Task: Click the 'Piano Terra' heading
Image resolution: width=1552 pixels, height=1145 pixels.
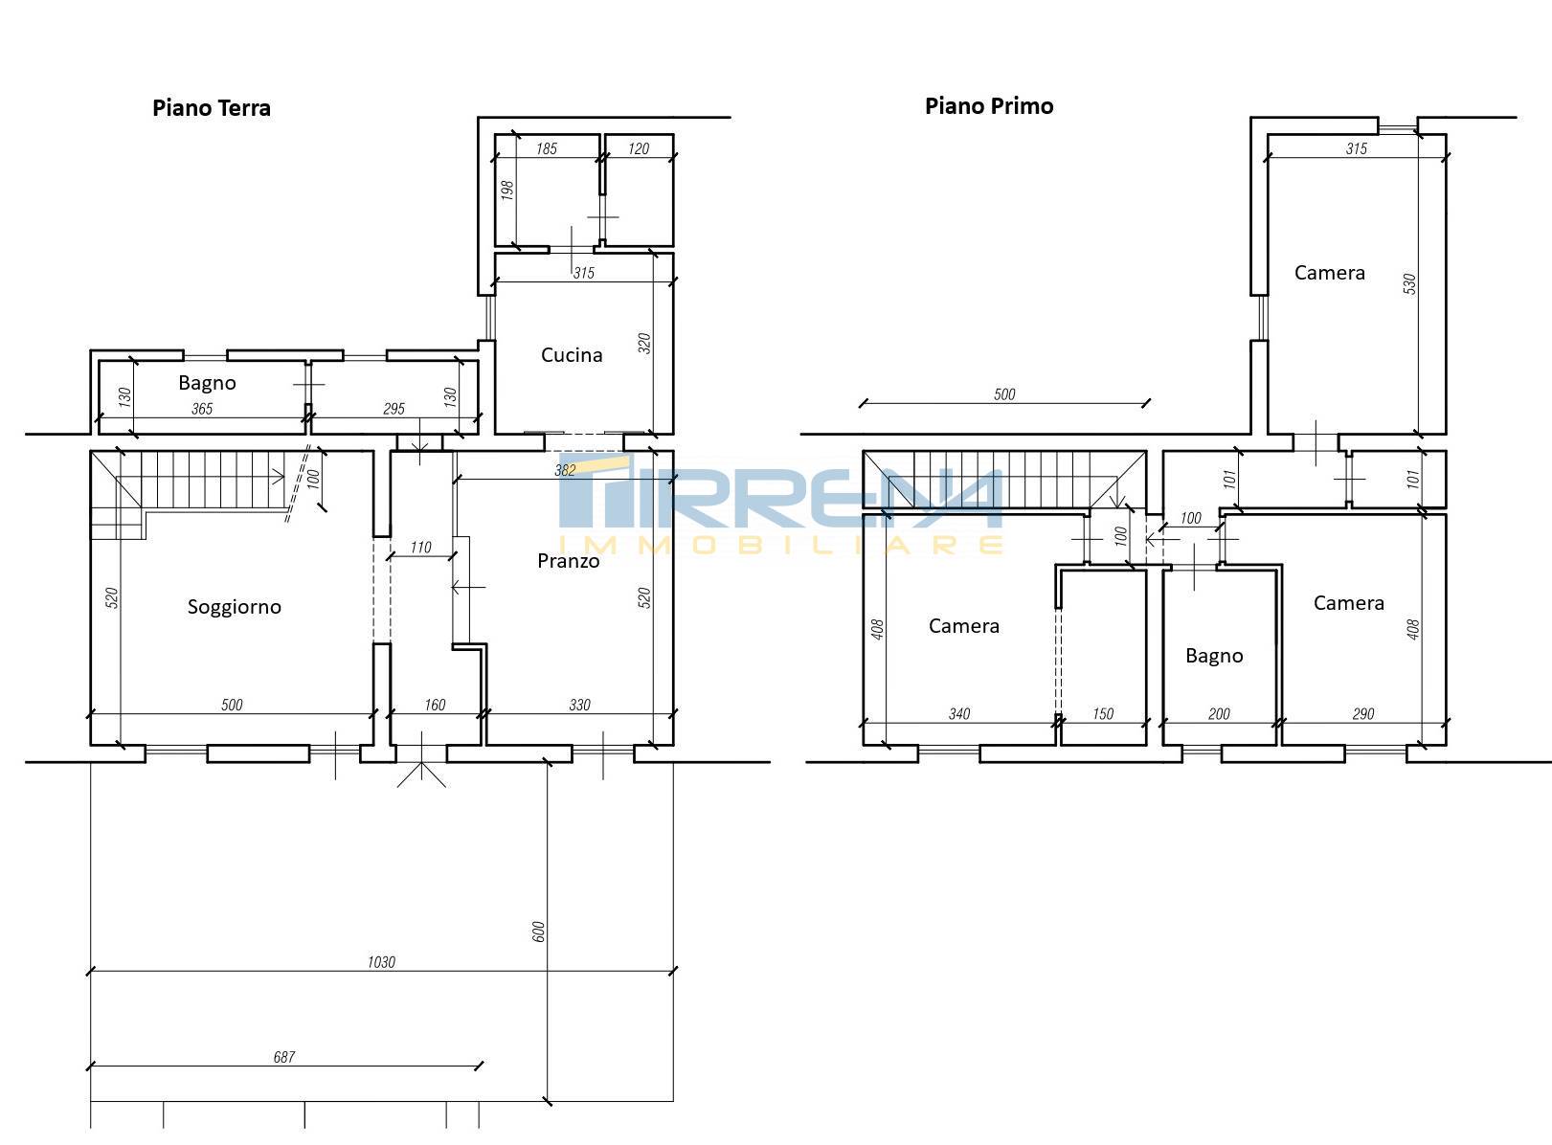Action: (212, 108)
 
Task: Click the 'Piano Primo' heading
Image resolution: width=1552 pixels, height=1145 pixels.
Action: (989, 106)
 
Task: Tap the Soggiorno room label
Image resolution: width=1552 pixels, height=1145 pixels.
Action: (235, 607)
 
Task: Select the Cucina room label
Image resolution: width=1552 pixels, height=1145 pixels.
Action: (572, 355)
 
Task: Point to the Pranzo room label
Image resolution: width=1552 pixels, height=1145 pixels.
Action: (568, 561)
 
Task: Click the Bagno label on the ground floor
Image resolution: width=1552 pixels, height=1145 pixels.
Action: (207, 384)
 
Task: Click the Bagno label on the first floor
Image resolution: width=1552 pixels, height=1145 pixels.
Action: (1214, 657)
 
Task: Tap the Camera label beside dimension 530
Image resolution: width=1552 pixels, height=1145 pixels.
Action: (1330, 273)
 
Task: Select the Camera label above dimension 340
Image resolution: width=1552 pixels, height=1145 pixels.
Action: (963, 626)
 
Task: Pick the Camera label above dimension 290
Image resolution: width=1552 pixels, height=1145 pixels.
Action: (1348, 603)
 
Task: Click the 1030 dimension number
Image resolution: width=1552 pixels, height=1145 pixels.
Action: (381, 962)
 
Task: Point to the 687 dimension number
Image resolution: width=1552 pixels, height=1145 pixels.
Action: (284, 1057)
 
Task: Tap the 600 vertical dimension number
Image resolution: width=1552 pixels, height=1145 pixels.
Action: (538, 932)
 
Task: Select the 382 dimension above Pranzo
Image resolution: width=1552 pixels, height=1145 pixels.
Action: (565, 470)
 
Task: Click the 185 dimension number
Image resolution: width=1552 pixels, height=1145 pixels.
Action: (547, 149)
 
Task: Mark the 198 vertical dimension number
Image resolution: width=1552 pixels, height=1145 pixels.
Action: (508, 191)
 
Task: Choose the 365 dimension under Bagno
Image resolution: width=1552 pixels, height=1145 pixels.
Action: (202, 409)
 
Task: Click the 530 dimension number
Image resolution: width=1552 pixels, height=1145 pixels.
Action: (1409, 283)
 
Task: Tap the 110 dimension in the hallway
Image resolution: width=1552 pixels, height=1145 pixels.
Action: (420, 548)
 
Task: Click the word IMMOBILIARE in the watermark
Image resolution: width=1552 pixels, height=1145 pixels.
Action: (781, 545)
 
